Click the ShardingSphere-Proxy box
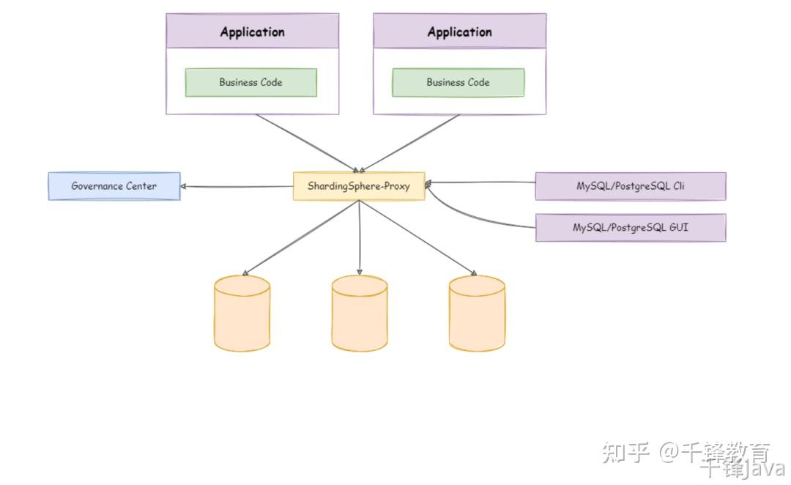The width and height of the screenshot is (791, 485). (359, 186)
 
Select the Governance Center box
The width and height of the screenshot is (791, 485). (114, 186)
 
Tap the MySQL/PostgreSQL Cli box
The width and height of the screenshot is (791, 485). (631, 186)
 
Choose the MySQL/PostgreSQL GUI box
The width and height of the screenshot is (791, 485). (631, 228)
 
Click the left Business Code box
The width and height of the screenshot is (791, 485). (250, 82)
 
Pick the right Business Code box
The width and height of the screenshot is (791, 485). (458, 82)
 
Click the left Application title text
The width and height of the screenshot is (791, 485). (252, 32)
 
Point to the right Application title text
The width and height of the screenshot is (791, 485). (459, 32)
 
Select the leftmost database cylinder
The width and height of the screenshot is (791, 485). (242, 314)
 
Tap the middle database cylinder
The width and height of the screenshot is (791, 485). (360, 314)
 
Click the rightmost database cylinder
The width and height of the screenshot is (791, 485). (478, 314)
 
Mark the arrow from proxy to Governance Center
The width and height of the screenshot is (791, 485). (237, 187)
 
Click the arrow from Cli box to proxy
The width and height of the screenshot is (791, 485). (480, 182)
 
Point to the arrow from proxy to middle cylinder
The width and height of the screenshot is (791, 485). (359, 237)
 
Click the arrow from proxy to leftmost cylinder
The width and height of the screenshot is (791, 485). (301, 237)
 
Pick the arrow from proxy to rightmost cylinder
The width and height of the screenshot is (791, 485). (417, 237)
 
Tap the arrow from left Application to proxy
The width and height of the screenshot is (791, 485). (307, 144)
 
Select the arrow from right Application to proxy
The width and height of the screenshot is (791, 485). (409, 144)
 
